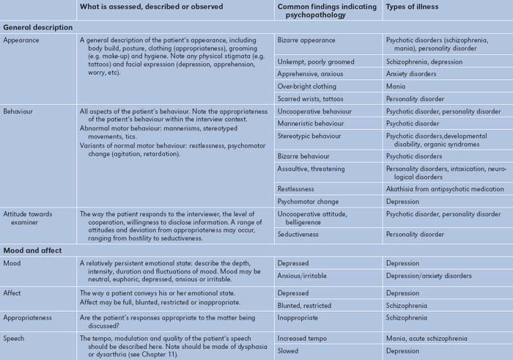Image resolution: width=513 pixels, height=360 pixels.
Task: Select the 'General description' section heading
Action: click(x=38, y=26)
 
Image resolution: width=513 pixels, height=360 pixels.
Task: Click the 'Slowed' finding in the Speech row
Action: click(x=289, y=351)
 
